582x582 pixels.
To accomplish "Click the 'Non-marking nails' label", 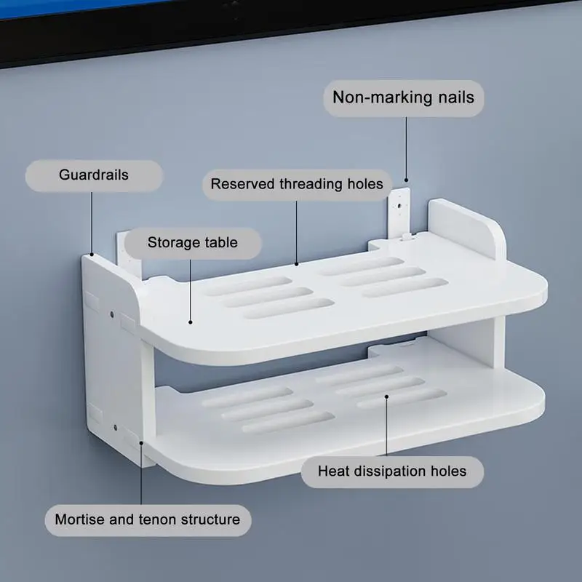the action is click(x=404, y=98).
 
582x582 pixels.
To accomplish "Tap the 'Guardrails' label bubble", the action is click(x=94, y=175).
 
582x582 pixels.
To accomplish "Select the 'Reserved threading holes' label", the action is click(x=297, y=185).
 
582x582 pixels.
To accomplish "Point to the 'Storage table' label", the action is click(x=193, y=243).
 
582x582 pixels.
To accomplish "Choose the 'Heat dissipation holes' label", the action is click(x=392, y=471).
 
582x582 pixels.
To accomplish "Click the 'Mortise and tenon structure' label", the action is click(x=148, y=520).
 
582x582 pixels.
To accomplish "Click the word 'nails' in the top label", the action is click(x=456, y=97).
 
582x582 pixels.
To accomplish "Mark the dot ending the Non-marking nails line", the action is click(x=406, y=180).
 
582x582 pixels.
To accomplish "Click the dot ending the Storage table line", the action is click(x=191, y=322).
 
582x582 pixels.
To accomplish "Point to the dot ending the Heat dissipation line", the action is click(x=386, y=396).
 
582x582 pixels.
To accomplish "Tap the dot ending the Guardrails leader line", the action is click(x=92, y=254).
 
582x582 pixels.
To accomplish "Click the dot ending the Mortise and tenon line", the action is click(x=141, y=443).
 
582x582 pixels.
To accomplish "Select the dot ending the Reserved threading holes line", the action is click(x=297, y=264).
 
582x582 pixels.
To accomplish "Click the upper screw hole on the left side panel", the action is click(x=112, y=315).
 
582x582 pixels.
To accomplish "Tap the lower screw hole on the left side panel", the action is click(x=116, y=428).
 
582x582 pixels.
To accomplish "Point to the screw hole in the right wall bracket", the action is click(x=400, y=205).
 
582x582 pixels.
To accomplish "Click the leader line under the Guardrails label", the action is click(x=92, y=223).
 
